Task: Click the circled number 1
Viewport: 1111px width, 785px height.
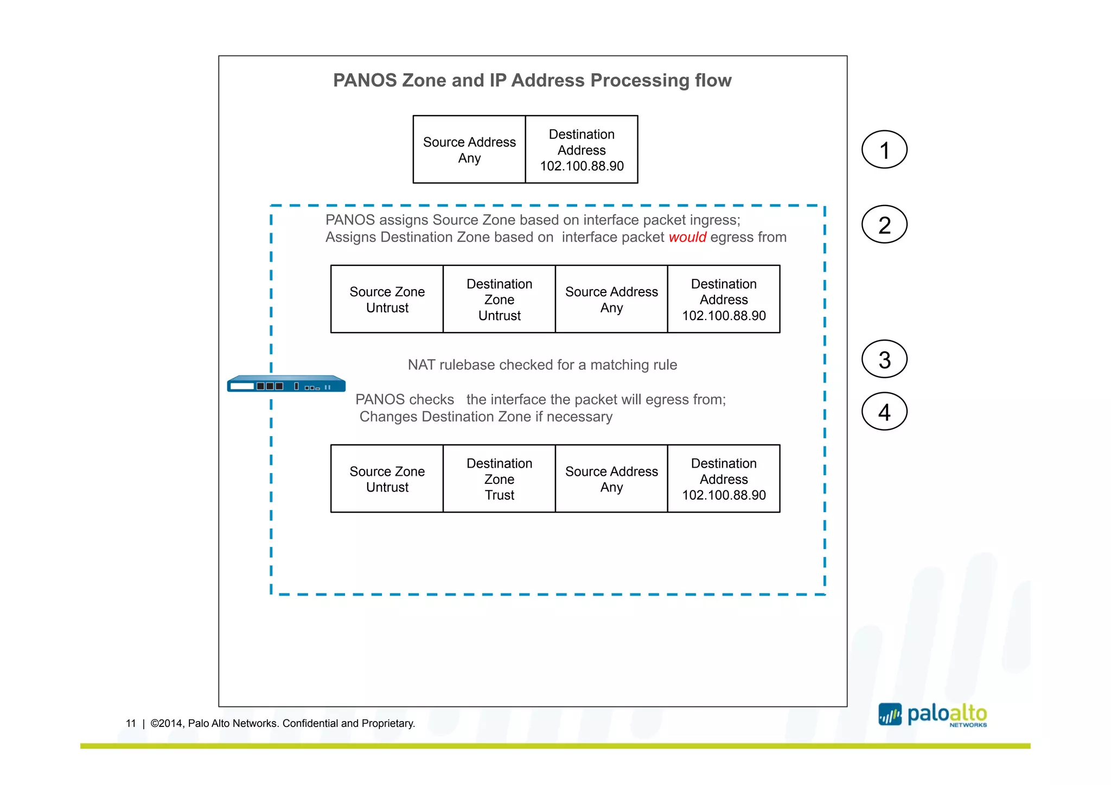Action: pos(884,150)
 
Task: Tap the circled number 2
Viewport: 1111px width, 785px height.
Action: pos(884,225)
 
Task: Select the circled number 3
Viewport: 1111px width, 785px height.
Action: pos(884,359)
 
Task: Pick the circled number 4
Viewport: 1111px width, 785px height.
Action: pos(884,412)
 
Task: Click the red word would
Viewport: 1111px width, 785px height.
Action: pos(687,238)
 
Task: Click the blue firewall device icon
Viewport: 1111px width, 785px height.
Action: pos(286,384)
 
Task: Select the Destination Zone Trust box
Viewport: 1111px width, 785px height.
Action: pos(499,478)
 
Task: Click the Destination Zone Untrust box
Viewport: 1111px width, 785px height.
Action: pos(499,299)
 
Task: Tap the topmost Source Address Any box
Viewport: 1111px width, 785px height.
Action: pos(469,150)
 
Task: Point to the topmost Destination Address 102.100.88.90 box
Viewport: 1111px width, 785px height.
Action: pos(582,150)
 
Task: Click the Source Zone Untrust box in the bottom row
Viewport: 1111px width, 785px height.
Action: pos(387,478)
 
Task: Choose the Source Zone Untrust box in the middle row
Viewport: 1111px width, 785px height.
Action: pos(387,299)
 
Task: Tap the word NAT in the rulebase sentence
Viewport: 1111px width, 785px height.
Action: pos(422,365)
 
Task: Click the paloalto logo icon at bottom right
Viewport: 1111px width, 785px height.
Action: pos(890,714)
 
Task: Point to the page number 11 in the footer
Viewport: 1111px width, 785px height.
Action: pos(131,723)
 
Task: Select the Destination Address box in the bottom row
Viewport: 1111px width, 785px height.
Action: pos(724,478)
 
